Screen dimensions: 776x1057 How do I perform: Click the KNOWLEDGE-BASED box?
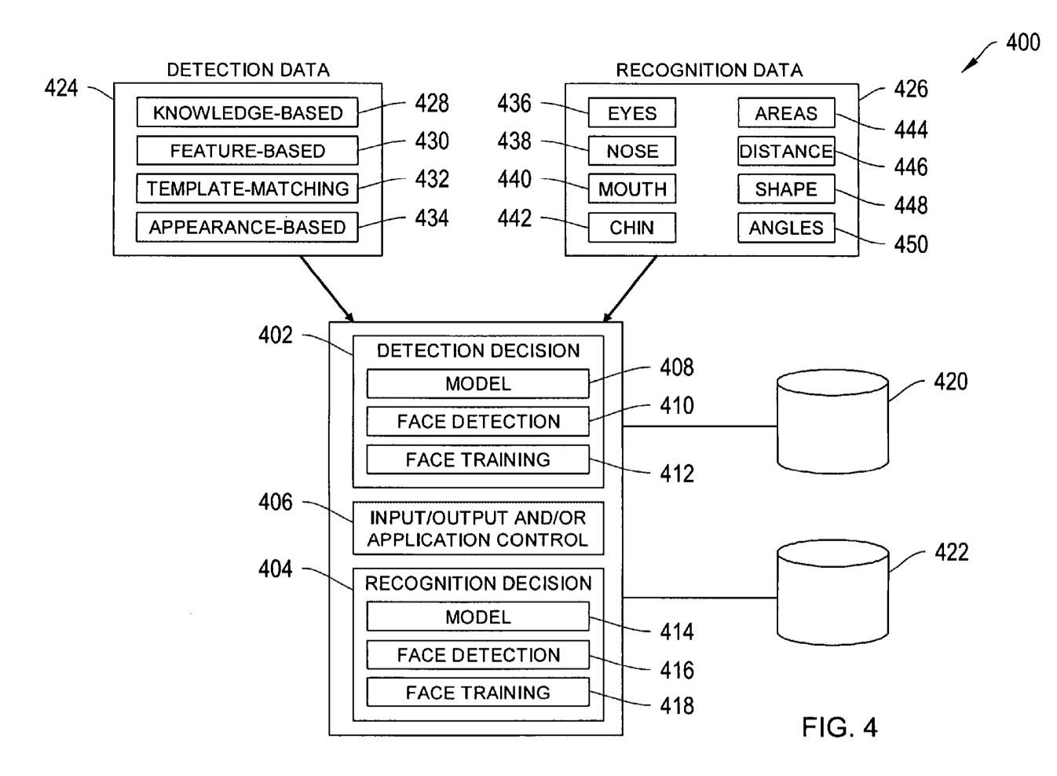pos(247,112)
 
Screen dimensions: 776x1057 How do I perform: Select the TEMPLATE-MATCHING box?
pos(247,189)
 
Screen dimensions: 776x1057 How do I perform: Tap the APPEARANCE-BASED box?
pos(247,227)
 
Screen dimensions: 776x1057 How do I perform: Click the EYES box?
pos(631,113)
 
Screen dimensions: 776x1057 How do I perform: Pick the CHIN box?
pos(631,228)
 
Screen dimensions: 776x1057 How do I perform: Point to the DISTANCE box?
pos(786,152)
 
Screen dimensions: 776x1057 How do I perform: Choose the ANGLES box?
pos(786,228)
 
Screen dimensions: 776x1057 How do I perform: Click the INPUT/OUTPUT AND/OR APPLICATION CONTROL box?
pos(477,529)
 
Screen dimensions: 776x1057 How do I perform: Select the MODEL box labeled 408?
pos(477,384)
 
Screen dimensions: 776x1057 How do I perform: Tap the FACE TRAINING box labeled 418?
pos(477,693)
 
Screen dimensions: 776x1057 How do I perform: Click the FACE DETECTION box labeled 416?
pos(477,655)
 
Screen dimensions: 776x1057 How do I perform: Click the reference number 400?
pos(1022,42)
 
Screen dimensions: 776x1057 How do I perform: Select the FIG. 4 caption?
pos(839,727)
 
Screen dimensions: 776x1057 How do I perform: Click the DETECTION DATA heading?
pos(248,70)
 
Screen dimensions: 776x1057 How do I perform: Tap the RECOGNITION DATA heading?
pos(709,70)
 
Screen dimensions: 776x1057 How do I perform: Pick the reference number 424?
pos(61,88)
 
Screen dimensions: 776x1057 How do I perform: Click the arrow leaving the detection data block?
pos(327,288)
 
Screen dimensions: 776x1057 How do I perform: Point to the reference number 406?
pos(276,502)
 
